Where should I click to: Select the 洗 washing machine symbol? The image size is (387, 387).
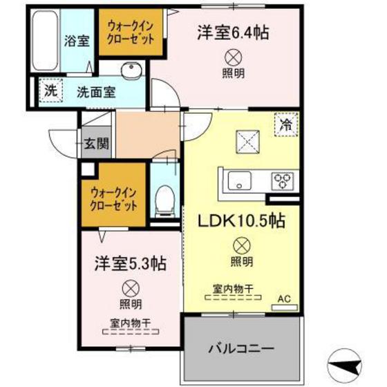click(x=50, y=89)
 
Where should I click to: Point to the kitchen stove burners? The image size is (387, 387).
click(x=282, y=181)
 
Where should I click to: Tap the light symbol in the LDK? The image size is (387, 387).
click(x=241, y=244)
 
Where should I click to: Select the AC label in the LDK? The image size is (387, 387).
click(x=284, y=299)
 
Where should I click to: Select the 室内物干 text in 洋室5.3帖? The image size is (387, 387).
click(x=129, y=322)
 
